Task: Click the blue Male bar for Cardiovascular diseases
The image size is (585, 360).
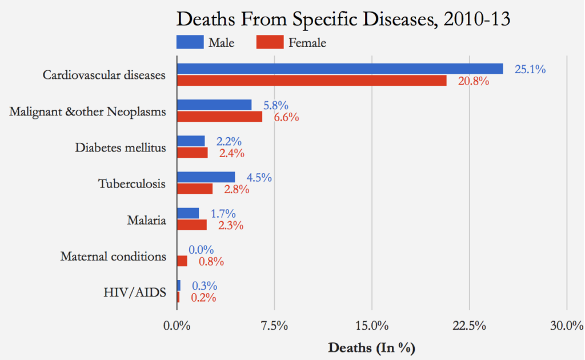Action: coord(340,69)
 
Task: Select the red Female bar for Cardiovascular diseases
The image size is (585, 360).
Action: coord(312,81)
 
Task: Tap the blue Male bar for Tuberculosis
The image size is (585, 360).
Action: coord(206,177)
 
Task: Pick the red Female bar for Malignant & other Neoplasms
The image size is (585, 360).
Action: coord(219,117)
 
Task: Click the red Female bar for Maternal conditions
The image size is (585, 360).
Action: coord(182,261)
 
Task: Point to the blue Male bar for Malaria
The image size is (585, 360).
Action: coord(188,213)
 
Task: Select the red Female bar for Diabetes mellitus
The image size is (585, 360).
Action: coord(193,153)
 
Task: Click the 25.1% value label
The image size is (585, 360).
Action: coord(530,69)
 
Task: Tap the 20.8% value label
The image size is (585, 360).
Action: coord(473,81)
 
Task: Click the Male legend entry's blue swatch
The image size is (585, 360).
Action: coord(190,42)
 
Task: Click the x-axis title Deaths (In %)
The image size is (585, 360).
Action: coord(371,347)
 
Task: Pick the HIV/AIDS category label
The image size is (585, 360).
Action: coord(135,293)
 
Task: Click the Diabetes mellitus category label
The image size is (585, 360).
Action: coord(121,147)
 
